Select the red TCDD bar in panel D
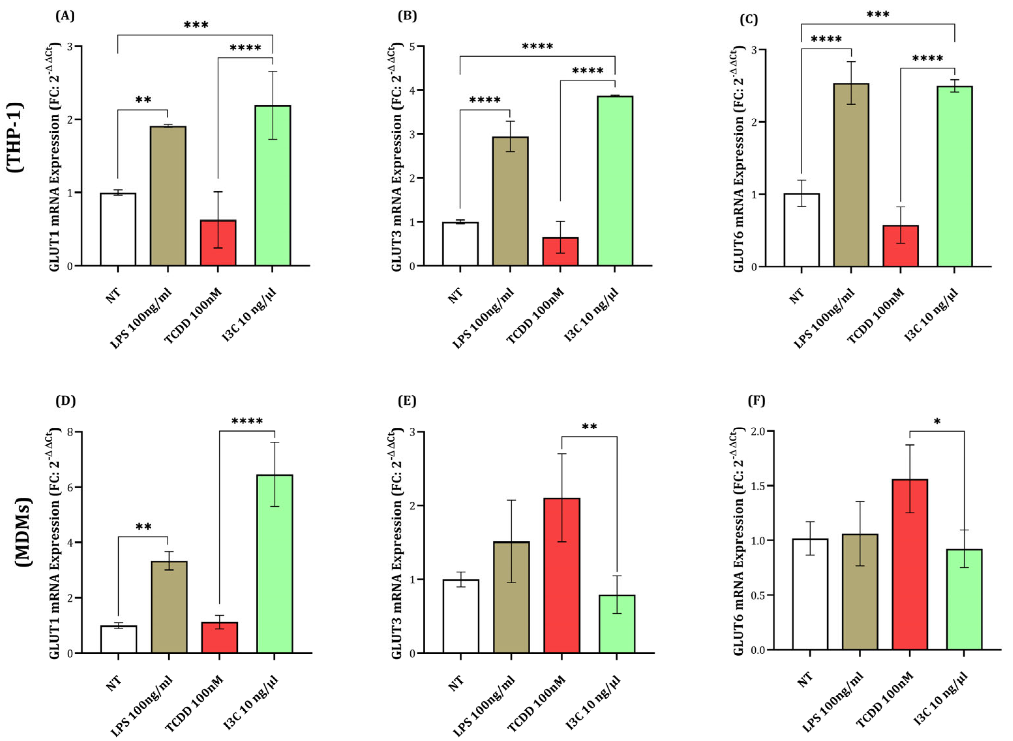pos(219,637)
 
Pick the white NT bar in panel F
pos(810,594)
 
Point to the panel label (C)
pos(748,20)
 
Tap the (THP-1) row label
pos(15,137)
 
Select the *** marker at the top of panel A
pos(196,25)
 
